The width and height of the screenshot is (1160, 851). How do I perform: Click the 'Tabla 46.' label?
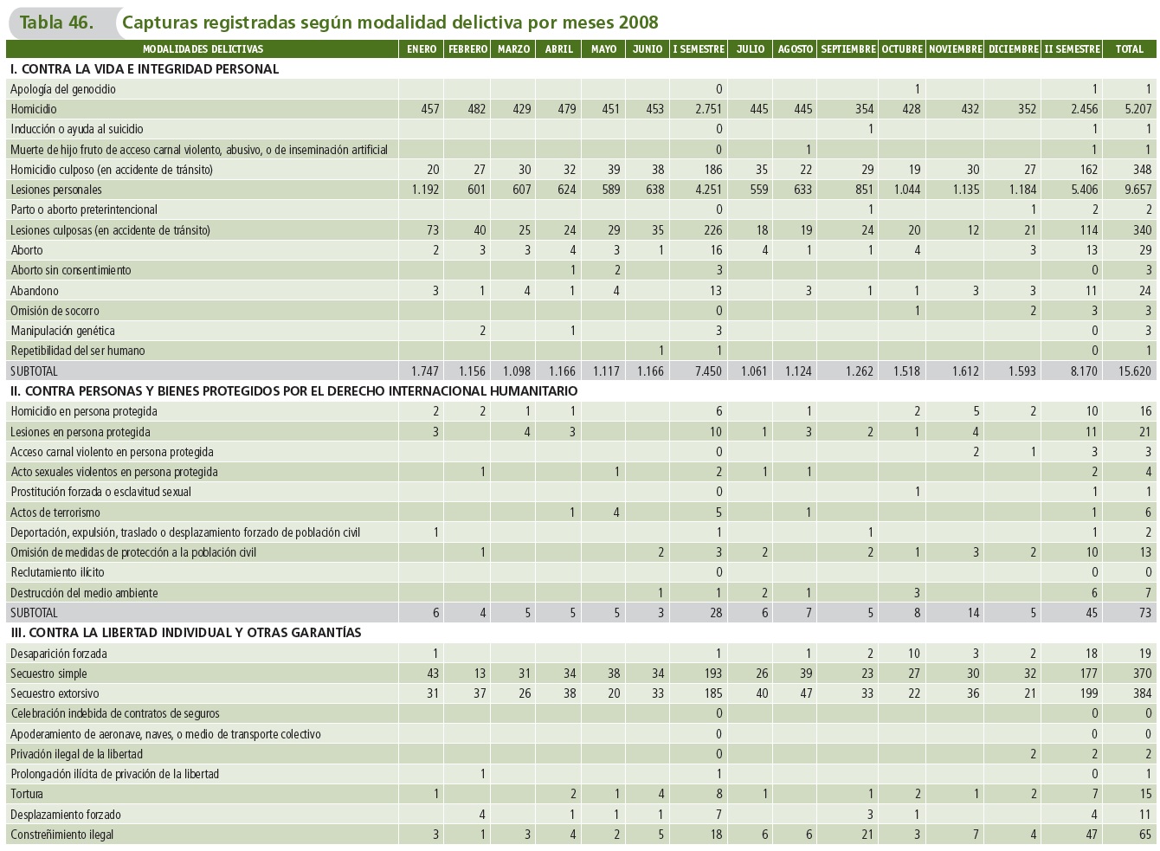56,23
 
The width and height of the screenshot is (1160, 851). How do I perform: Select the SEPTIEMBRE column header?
847,49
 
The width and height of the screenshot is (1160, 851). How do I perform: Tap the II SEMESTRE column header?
1072,49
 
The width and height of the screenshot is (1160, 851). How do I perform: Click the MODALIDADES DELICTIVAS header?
203,49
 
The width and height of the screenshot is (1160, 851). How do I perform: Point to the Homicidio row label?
34,109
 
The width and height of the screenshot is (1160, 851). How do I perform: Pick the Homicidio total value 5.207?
1137,109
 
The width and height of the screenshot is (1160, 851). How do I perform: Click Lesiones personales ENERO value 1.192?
425,190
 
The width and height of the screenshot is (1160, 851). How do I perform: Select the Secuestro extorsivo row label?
55,693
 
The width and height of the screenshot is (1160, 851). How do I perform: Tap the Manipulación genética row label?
62,331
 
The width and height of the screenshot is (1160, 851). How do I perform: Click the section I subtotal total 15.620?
1134,371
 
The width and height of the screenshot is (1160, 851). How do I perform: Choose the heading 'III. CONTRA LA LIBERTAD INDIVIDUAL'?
186,633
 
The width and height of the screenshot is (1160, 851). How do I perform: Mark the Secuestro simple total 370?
1142,674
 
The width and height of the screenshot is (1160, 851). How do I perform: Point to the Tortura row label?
27,794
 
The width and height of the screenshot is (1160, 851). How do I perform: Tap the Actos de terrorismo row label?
55,513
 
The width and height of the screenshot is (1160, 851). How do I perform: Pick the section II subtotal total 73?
1145,613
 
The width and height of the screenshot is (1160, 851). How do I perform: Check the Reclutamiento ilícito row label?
57,572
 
